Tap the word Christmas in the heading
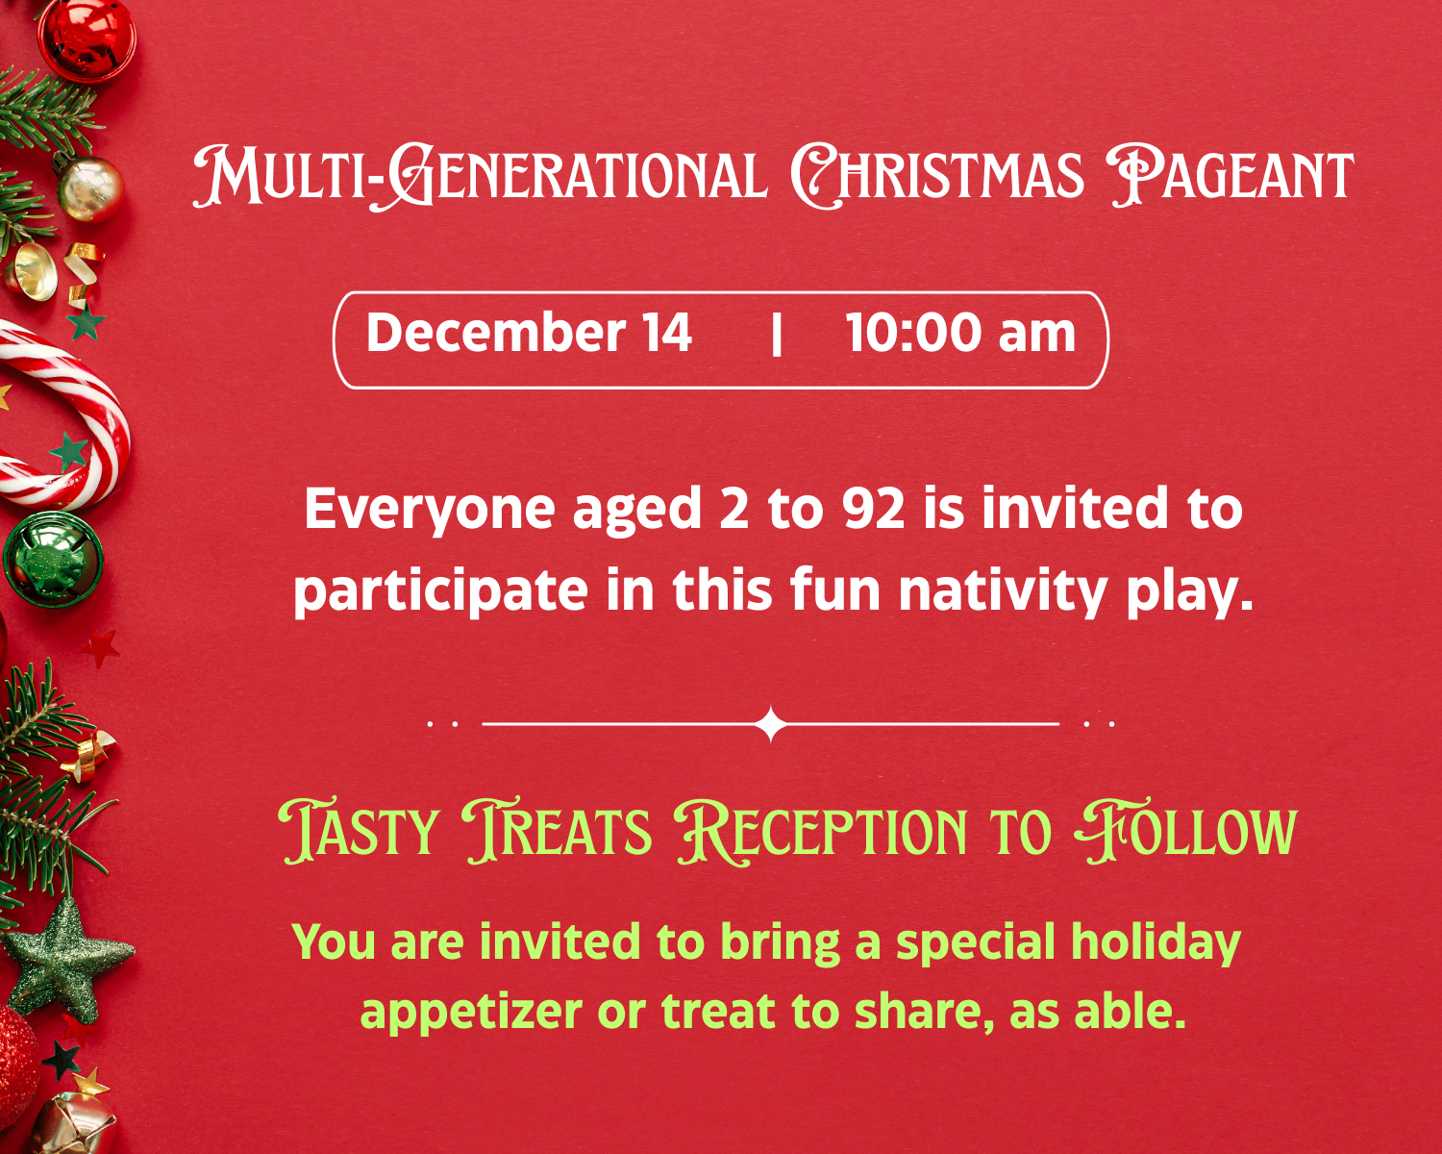937,176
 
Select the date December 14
529,334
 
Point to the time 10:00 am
960,334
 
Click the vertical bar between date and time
777,336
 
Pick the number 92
874,509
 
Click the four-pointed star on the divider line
771,723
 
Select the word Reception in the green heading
822,832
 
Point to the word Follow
1186,832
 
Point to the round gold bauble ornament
90,188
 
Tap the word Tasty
360,832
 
